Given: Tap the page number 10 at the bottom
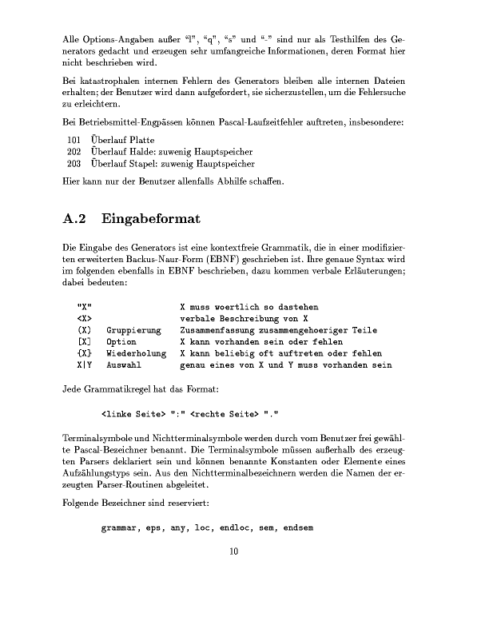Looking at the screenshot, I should coord(234,551).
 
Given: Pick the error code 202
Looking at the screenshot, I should coord(74,152).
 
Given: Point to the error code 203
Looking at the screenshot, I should coord(74,163).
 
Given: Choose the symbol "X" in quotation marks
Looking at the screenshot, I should coord(83,307).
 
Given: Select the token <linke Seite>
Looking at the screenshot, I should coord(133,414).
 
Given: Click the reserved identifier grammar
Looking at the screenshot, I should coord(121,528).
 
